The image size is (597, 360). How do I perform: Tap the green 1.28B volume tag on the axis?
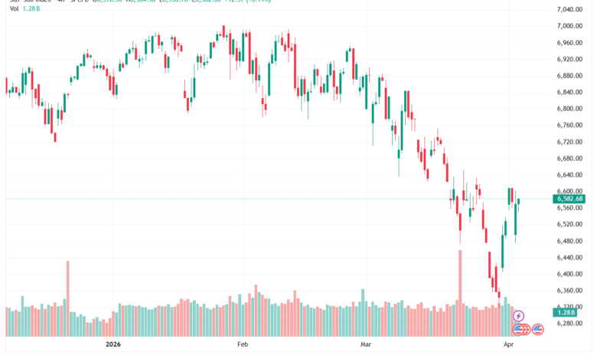tap(567, 313)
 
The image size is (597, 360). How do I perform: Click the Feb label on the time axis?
tap(243, 345)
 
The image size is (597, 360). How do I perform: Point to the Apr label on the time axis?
tap(508, 345)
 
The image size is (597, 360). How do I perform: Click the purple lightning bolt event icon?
tap(518, 315)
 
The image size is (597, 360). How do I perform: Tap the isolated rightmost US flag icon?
tap(538, 329)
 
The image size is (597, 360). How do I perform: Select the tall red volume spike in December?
tap(67, 287)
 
